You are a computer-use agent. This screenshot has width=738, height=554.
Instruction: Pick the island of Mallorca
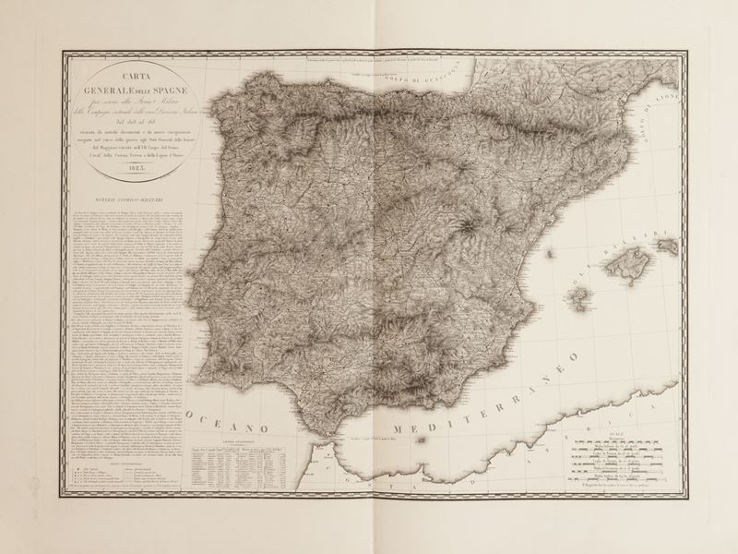tap(627, 267)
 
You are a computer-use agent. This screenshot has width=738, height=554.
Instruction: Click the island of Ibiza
tap(579, 297)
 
